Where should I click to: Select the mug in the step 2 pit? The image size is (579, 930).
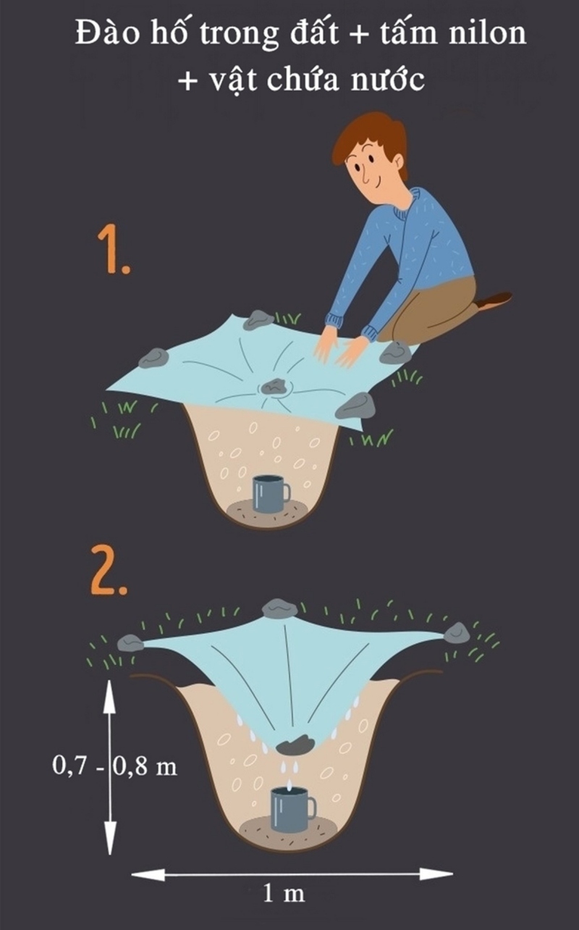click(291, 810)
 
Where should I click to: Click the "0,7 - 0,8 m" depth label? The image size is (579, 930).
click(116, 766)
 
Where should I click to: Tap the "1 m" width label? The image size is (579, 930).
click(283, 894)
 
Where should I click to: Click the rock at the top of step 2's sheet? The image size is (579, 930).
click(281, 608)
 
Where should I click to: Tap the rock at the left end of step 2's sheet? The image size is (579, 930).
click(131, 642)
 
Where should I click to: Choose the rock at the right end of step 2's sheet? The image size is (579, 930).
click(457, 633)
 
